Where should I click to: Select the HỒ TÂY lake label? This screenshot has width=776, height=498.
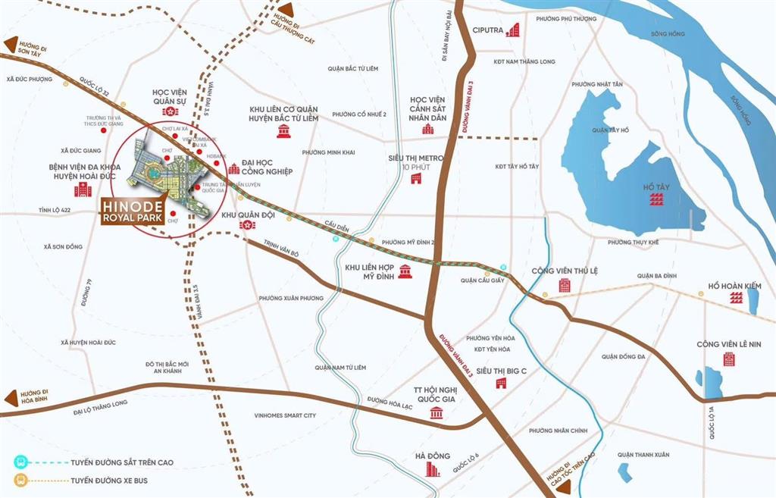click(x=656, y=185)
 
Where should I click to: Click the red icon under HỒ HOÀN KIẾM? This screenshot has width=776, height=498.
click(x=733, y=300)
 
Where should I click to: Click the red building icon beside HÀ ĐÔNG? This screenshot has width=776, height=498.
click(x=432, y=470)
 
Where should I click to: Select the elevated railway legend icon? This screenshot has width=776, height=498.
click(x=20, y=462)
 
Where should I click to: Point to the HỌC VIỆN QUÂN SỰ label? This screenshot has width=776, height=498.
click(x=170, y=97)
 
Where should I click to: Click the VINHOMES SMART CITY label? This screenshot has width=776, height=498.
click(x=285, y=415)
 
